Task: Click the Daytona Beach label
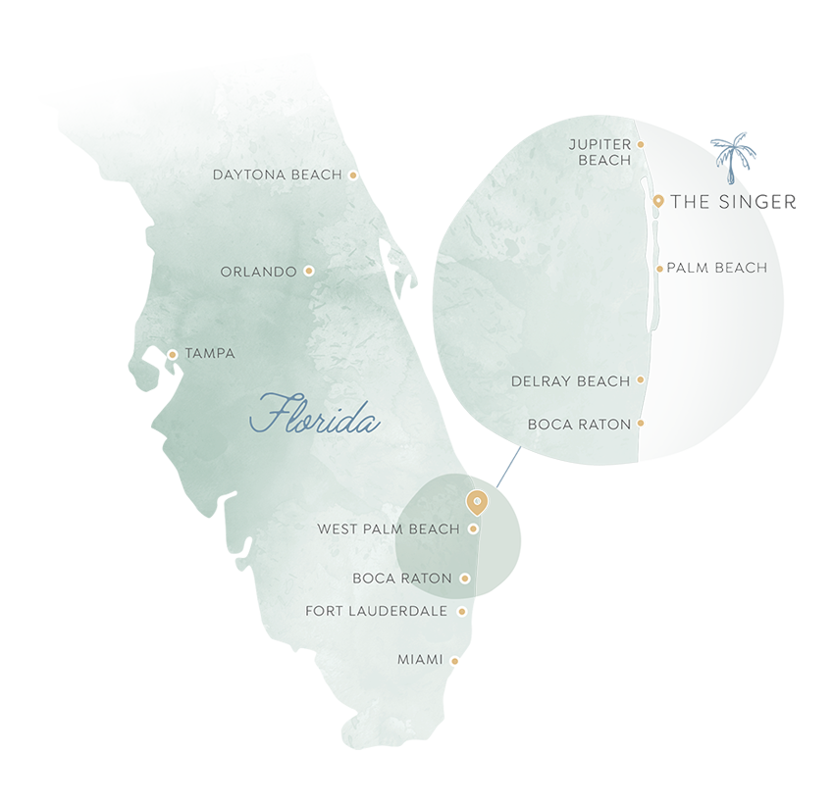tap(278, 176)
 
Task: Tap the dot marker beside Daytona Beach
tap(353, 176)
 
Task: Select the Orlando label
tap(258, 272)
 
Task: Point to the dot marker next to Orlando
tap(309, 271)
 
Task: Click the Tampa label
tap(210, 354)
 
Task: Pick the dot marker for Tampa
tap(173, 354)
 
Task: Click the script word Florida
tap(314, 416)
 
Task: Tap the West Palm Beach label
tap(389, 529)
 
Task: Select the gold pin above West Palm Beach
tap(476, 502)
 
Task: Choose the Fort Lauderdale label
tap(377, 612)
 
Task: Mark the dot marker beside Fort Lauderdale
tap(462, 612)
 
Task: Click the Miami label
tap(420, 661)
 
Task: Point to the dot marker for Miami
tap(455, 661)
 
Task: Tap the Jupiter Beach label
tap(600, 152)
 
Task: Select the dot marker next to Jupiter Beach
tap(641, 144)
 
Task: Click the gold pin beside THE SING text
tap(658, 201)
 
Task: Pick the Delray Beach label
tap(571, 381)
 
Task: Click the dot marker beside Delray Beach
tap(641, 379)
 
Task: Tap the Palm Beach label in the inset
tap(717, 268)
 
